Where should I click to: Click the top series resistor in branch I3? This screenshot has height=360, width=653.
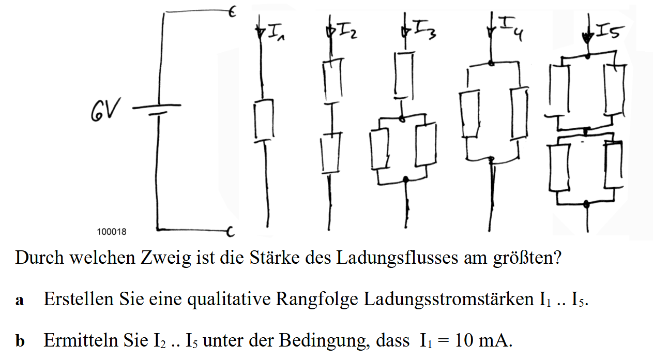404,73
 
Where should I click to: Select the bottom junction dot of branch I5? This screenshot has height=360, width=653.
586,204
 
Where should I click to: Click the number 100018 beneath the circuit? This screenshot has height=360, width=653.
112,232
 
